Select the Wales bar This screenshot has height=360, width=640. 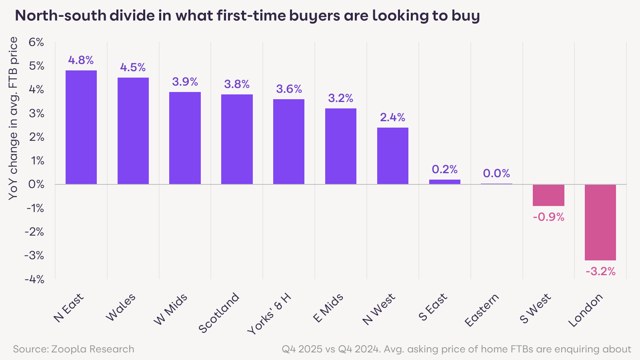coord(133,131)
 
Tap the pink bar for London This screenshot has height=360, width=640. coord(600,222)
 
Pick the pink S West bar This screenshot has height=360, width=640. coord(548,195)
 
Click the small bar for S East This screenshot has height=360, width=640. coord(444,182)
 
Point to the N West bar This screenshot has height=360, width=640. coord(392,156)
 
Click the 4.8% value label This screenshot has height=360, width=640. coord(81,60)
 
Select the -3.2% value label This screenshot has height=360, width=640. coord(600,272)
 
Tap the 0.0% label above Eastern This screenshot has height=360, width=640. coord(496,174)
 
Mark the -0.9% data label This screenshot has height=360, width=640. coord(548,217)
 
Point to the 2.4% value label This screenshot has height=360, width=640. coord(392,118)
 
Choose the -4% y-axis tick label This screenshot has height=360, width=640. coord(34,279)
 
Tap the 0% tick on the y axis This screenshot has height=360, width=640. coord(36,184)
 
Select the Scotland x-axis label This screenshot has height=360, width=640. coord(219,313)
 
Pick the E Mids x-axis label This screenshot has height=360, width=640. coord(328,308)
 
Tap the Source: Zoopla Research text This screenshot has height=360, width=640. coord(74,349)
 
